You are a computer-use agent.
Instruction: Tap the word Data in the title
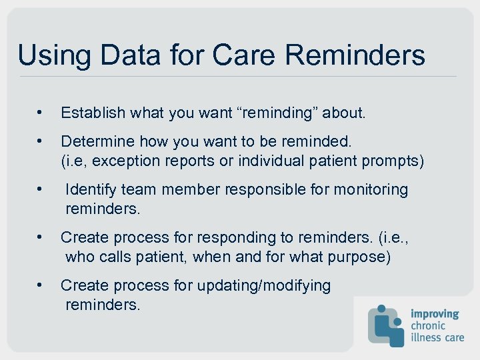(121, 55)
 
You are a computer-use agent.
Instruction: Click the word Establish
(93, 113)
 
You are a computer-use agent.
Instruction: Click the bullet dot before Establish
(41, 113)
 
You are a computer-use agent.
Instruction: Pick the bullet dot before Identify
(41, 190)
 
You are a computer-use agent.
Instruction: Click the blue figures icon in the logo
(386, 325)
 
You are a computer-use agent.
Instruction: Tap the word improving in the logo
(435, 313)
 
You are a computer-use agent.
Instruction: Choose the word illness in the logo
(426, 337)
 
